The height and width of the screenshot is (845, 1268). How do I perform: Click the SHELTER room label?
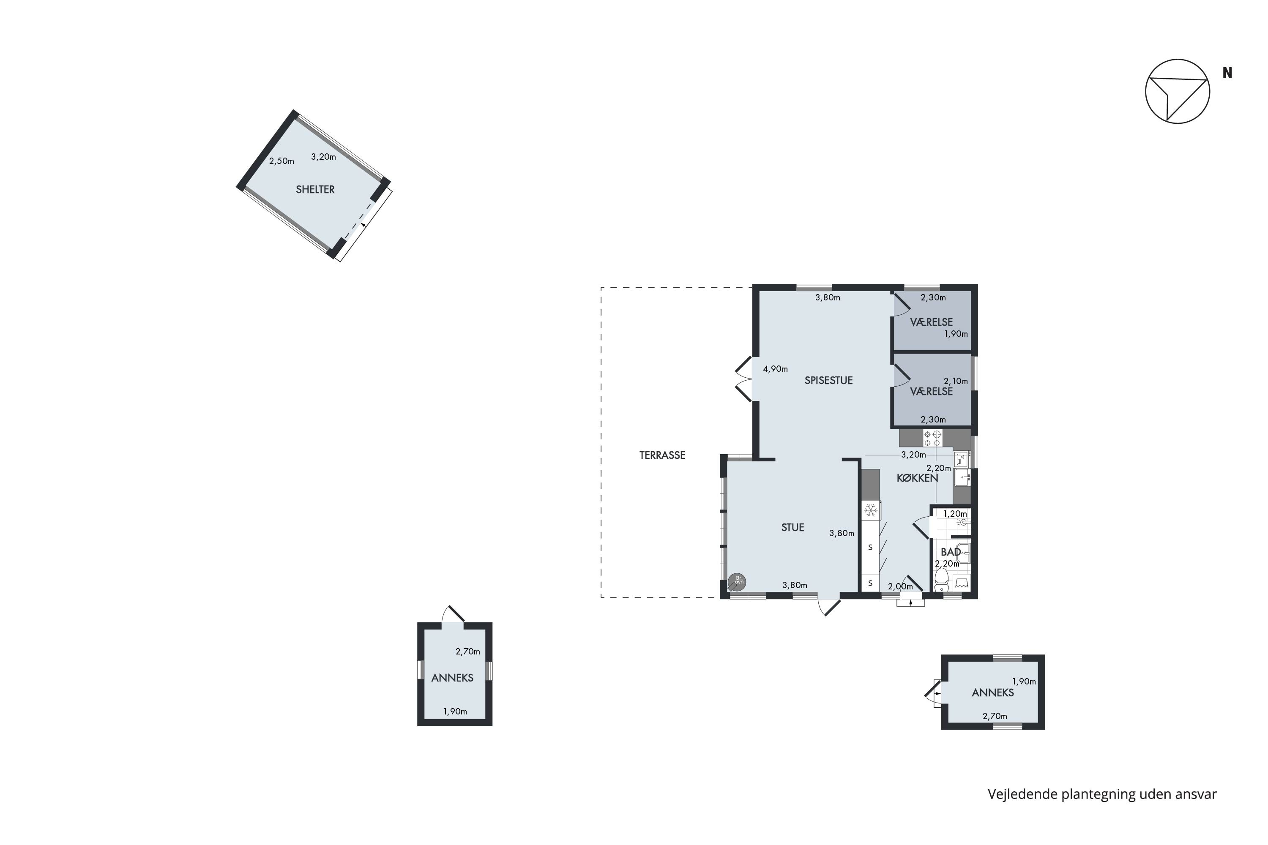pos(315,190)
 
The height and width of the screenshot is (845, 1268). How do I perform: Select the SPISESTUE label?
pos(828,381)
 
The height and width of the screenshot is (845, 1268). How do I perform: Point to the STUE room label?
pos(792,528)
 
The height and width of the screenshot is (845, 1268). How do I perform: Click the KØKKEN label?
pos(917,478)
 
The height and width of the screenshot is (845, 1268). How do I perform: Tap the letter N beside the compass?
pos(1227,73)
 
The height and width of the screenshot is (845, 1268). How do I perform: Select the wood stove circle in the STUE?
pos(737,581)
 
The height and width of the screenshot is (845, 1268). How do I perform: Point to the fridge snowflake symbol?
pos(870,510)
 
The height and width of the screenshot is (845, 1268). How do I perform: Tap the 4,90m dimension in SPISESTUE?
pos(775,369)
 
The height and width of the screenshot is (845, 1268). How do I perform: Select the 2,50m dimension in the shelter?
pos(281,161)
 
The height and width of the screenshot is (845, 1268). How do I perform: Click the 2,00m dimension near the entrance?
pos(900,586)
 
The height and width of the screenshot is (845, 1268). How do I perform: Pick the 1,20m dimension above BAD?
pos(955,514)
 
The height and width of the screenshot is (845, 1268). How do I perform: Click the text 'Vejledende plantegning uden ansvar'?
pos(1102,794)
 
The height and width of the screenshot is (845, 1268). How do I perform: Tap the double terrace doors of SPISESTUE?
pos(744,379)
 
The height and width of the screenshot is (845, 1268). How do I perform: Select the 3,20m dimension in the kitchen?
pos(913,455)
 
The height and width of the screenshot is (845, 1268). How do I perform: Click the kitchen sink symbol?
pos(962,477)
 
